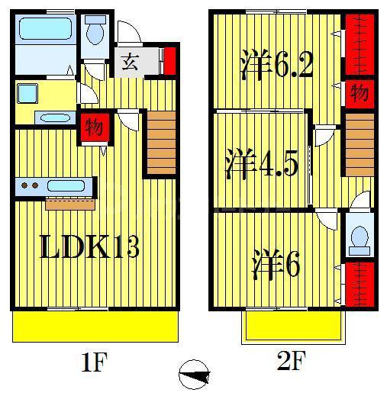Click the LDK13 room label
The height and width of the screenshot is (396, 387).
point(89,246)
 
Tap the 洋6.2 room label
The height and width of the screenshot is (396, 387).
point(276,65)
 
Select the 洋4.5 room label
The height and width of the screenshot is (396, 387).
point(262,164)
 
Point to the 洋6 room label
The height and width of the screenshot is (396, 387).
point(276,265)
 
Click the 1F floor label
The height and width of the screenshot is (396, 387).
point(95,362)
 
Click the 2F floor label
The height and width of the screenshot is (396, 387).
point(291,360)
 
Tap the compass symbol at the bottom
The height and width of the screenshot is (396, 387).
point(194,375)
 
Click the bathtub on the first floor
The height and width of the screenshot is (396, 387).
point(45,28)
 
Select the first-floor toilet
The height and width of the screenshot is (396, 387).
point(95,30)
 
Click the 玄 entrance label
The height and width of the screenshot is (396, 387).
point(130,62)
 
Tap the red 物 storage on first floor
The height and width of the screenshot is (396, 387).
point(95,127)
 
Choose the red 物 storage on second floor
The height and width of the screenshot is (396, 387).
point(360,93)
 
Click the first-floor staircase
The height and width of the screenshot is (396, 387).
point(161,143)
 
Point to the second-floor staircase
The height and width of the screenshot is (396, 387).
point(360,145)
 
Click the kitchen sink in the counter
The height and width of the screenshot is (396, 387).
point(66,186)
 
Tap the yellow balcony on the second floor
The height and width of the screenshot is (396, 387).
point(294,326)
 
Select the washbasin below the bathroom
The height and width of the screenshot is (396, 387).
point(55,118)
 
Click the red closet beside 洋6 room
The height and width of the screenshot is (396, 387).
point(360,284)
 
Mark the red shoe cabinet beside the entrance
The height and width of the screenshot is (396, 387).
point(169,61)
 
